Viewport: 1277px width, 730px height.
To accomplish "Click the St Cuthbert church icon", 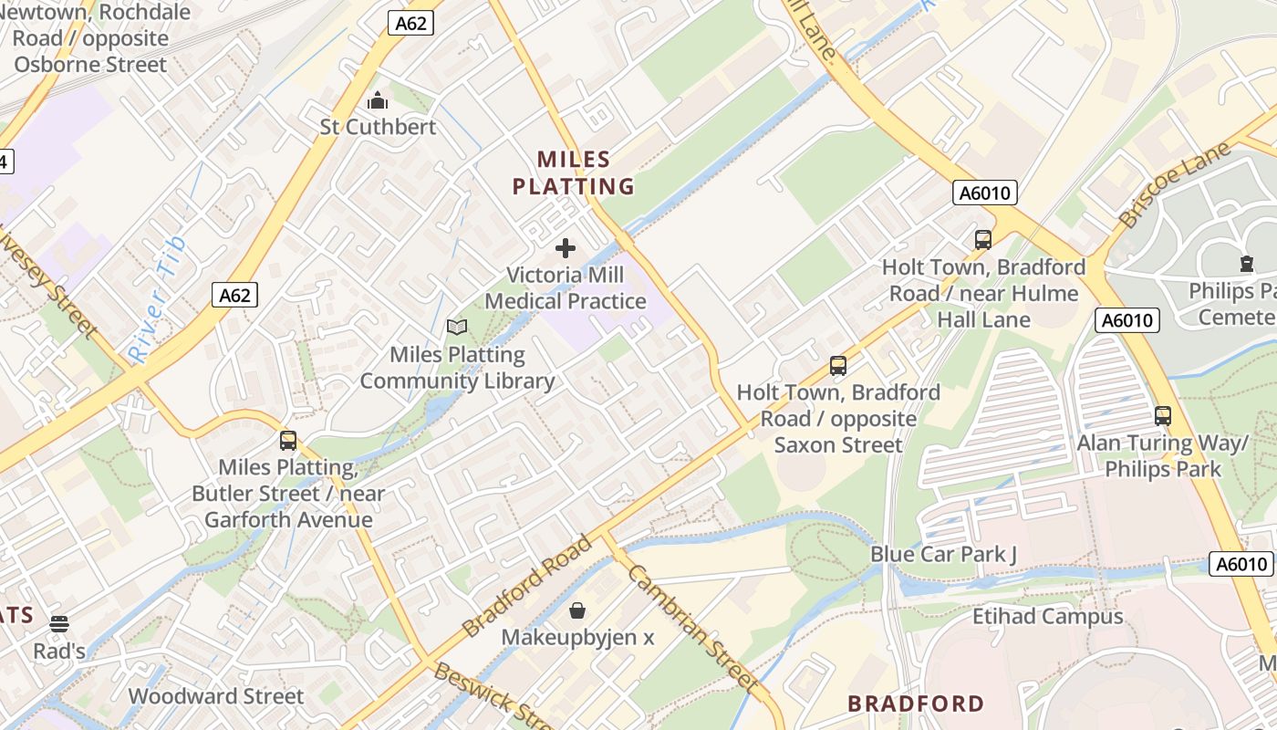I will [x=377, y=100].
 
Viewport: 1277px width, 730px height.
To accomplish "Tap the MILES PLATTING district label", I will [x=573, y=173].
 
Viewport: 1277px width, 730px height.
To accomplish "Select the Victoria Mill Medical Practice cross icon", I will [x=566, y=248].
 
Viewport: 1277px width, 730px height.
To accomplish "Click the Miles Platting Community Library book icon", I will [x=456, y=327].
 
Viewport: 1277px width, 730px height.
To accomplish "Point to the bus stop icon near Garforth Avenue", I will [x=288, y=441].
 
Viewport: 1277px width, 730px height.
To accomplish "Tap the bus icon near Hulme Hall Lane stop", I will [x=983, y=240].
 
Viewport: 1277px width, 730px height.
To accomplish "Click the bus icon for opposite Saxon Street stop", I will [x=838, y=366].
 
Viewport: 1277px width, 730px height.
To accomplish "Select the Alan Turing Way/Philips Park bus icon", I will [x=1163, y=416].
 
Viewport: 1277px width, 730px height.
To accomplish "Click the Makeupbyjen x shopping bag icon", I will [x=577, y=610].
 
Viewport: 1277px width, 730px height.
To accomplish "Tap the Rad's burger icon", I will [x=59, y=624].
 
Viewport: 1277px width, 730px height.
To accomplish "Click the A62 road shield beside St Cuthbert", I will [x=410, y=24].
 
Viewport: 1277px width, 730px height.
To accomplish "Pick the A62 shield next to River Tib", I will [x=234, y=295].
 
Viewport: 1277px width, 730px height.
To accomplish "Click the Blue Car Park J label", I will [x=943, y=554].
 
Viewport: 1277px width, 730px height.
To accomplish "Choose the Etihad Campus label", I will [x=1047, y=617].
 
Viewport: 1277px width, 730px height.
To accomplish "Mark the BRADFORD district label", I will [x=916, y=704].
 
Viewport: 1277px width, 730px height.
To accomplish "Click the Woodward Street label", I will [x=216, y=696].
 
